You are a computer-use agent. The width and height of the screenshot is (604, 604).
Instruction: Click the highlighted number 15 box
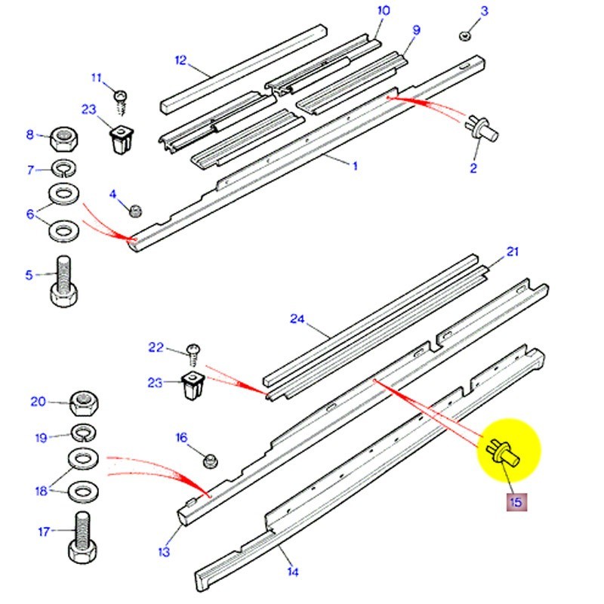pyautogui.click(x=516, y=501)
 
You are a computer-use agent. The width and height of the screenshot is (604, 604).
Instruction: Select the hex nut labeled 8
pyautogui.click(x=66, y=139)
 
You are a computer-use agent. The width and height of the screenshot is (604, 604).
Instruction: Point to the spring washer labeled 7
pyautogui.click(x=63, y=168)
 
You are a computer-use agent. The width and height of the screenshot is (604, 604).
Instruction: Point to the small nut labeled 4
pyautogui.click(x=136, y=209)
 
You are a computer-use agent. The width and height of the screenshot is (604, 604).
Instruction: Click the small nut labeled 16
pyautogui.click(x=210, y=458)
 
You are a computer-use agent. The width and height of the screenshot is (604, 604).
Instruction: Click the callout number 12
pyautogui.click(x=180, y=60)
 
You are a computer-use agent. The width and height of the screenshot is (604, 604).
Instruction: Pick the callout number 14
pyautogui.click(x=292, y=572)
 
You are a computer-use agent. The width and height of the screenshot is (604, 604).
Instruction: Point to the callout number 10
pyautogui.click(x=384, y=11)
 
